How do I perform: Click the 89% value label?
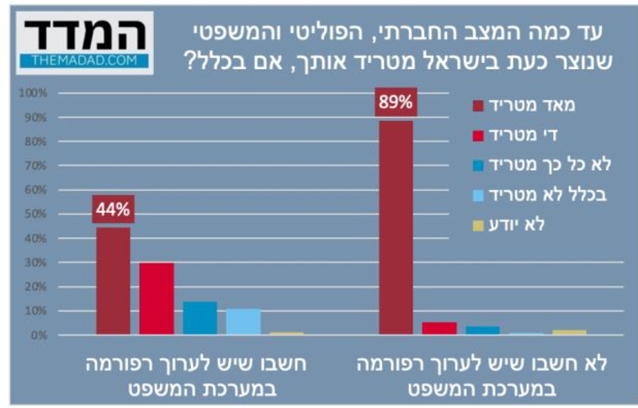(x=396, y=103)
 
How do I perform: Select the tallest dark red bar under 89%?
(x=396, y=227)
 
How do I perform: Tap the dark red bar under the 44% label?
(x=114, y=281)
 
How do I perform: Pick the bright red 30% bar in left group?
(x=157, y=299)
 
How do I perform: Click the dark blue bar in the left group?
(x=199, y=318)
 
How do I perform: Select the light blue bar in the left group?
(x=243, y=321)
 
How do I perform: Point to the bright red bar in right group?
(x=439, y=328)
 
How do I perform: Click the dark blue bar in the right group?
(x=483, y=331)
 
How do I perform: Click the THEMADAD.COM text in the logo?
(x=84, y=61)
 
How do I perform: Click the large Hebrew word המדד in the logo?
(x=84, y=34)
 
